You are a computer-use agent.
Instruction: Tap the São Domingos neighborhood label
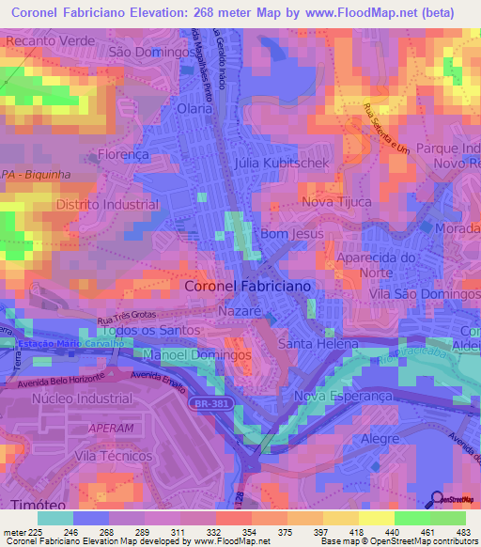(150, 54)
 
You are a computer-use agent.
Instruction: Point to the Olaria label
(194, 109)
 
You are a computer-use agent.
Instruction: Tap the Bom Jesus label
(291, 233)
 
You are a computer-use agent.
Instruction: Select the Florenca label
(123, 154)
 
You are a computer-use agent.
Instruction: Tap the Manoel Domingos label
(197, 356)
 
